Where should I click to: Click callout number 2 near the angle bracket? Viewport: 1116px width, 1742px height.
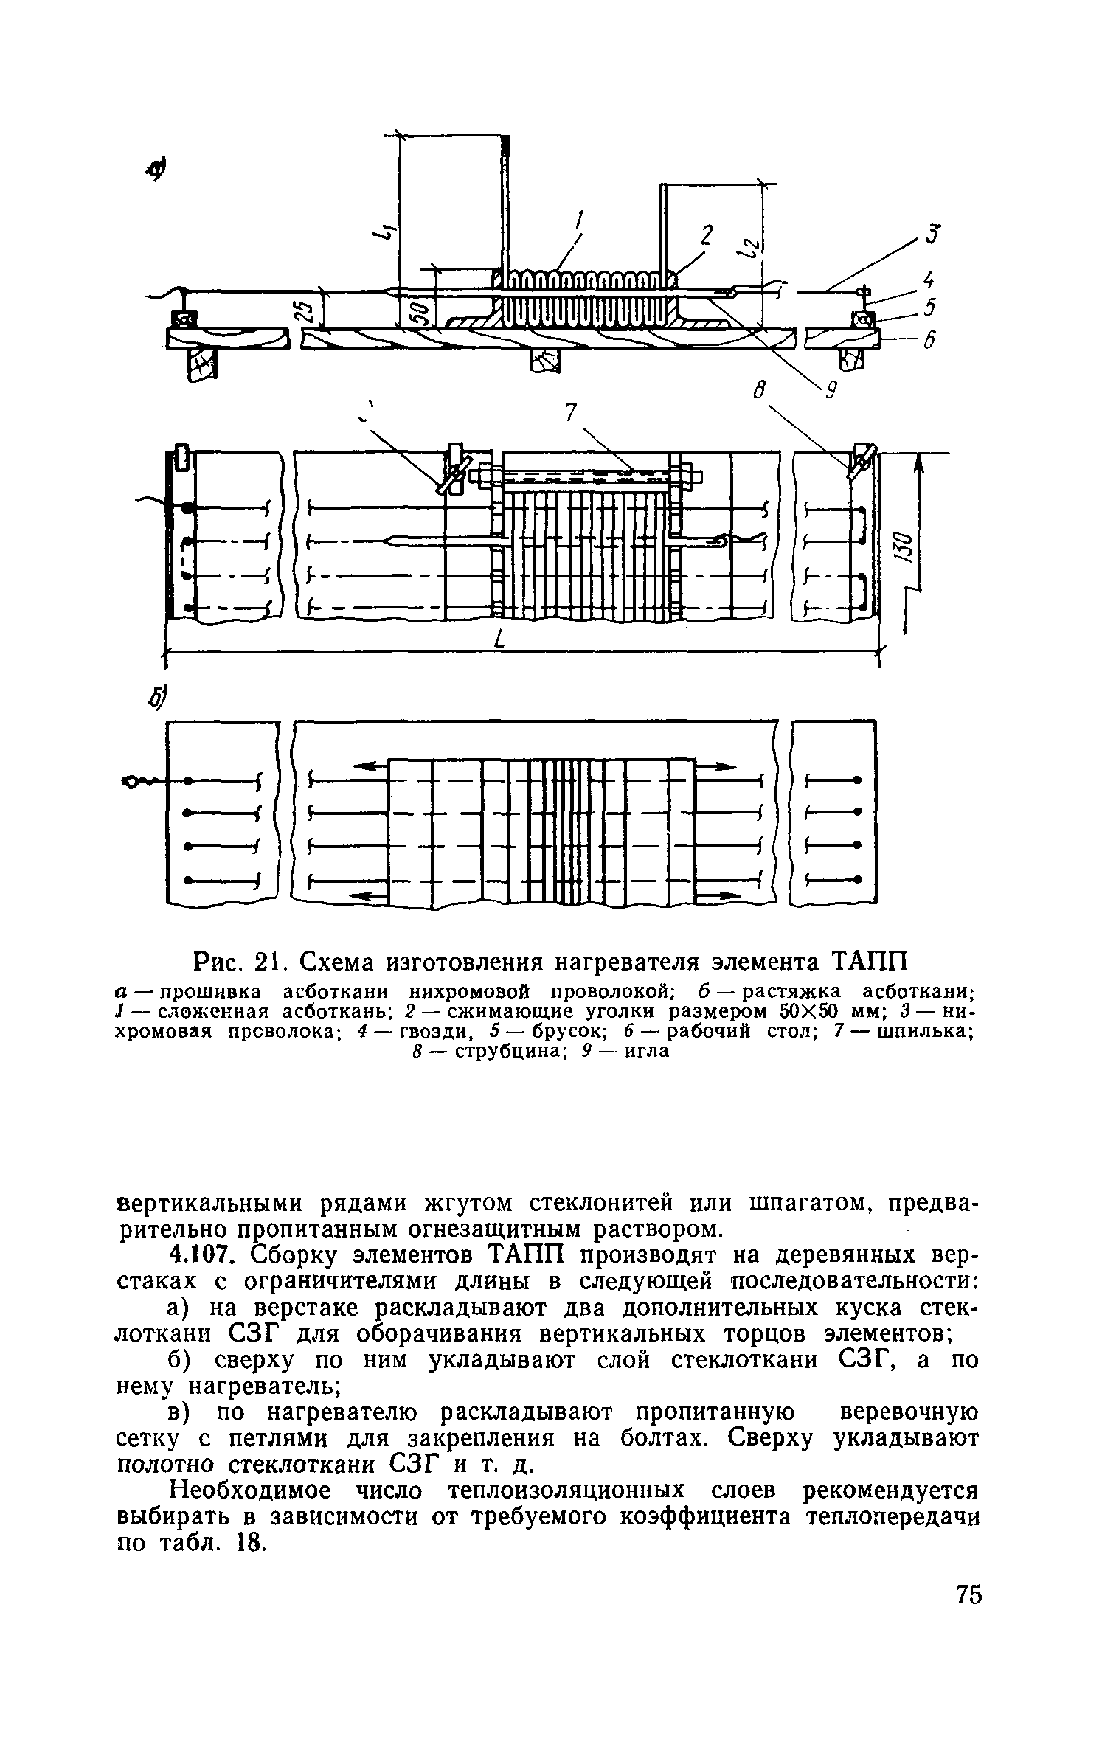click(707, 235)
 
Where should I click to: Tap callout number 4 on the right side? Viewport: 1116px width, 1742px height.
click(929, 280)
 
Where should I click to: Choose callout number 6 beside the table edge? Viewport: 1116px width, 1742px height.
click(929, 339)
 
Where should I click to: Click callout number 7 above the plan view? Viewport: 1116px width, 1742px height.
click(569, 414)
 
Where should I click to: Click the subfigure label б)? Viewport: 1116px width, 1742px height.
click(156, 694)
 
